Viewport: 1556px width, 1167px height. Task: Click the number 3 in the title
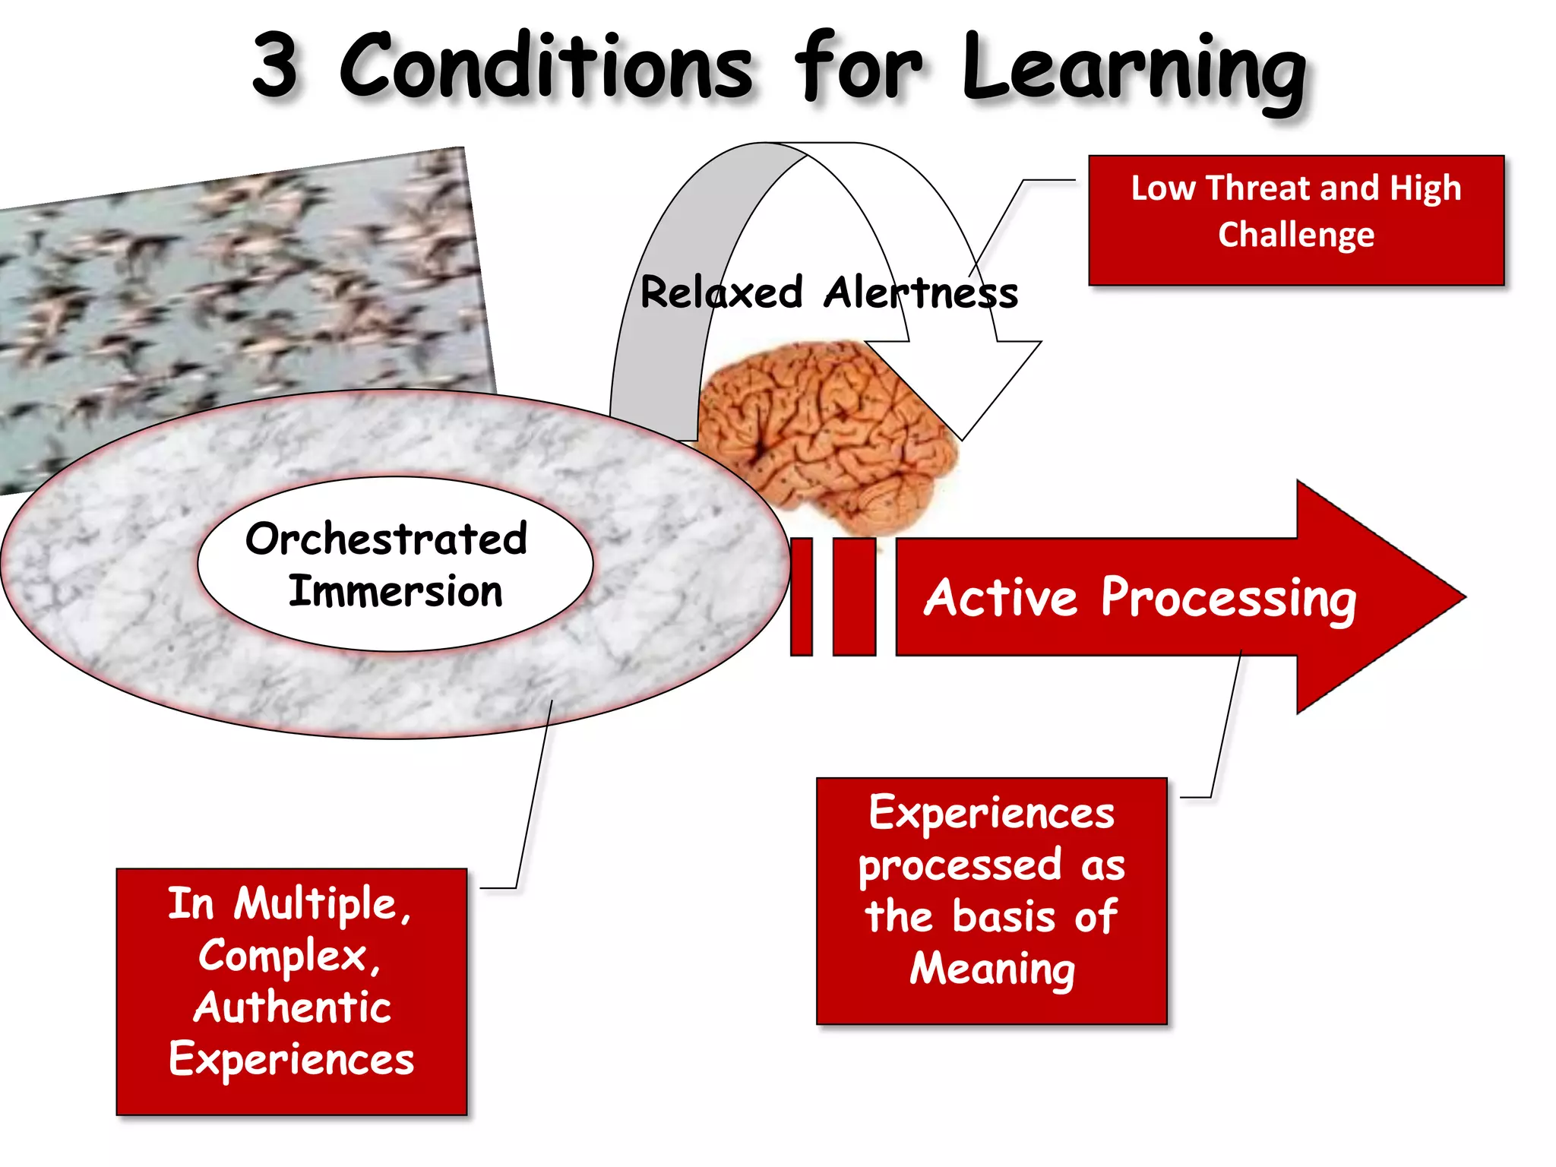pyautogui.click(x=275, y=66)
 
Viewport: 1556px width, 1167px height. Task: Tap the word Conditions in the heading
pyautogui.click(x=546, y=66)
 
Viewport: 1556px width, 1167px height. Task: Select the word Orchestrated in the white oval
pyautogui.click(x=386, y=539)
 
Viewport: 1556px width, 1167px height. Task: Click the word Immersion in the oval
pyautogui.click(x=395, y=592)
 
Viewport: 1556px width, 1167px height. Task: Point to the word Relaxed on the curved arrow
pyautogui.click(x=721, y=293)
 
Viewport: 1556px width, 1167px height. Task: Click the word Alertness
pyautogui.click(x=920, y=293)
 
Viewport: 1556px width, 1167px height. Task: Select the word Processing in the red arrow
pyautogui.click(x=1228, y=599)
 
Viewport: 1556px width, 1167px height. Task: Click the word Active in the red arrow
pyautogui.click(x=1001, y=598)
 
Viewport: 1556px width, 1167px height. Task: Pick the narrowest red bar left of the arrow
pyautogui.click(x=802, y=596)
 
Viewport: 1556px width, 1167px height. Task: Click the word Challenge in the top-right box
pyautogui.click(x=1296, y=235)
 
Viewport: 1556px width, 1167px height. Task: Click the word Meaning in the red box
pyautogui.click(x=992, y=969)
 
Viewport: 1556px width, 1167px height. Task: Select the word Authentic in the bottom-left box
pyautogui.click(x=292, y=1007)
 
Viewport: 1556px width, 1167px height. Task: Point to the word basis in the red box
pyautogui.click(x=1003, y=916)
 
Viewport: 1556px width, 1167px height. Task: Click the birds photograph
pyautogui.click(x=228, y=289)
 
